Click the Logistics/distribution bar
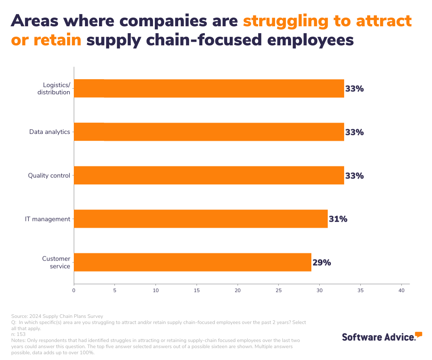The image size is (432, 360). pos(209,89)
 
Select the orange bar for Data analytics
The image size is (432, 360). pos(209,132)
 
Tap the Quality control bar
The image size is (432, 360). pos(209,175)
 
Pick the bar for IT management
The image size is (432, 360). pos(201,219)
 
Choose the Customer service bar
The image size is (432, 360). pos(192,262)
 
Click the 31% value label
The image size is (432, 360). pos(338,219)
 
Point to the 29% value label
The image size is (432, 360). pos(321,262)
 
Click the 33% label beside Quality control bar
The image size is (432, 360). pos(354,176)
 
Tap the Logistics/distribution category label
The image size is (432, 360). pos(56,89)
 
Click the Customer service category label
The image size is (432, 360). pos(56,262)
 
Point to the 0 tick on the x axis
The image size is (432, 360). pos(74,290)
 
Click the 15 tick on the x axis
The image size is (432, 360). pos(197,290)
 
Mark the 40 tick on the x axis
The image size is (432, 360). pos(401,290)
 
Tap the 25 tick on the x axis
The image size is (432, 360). pos(278,290)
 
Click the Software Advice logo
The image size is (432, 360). pos(382,337)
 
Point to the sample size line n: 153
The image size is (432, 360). pos(18,334)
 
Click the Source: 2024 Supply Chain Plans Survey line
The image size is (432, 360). pos(57,316)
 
